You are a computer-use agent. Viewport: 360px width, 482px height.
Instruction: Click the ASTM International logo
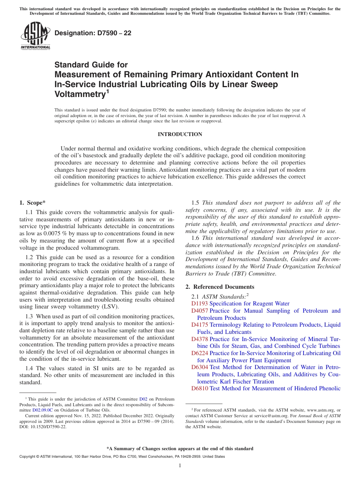(35, 36)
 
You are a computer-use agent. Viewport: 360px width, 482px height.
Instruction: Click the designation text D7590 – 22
(93, 33)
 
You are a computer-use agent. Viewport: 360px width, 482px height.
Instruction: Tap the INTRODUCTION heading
(180, 135)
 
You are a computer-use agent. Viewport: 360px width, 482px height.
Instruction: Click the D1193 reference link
(200, 304)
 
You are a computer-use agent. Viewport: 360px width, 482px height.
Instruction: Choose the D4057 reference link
(200, 311)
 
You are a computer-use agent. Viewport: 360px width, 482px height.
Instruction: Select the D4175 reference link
(200, 325)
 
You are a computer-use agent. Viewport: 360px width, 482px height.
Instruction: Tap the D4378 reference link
(200, 339)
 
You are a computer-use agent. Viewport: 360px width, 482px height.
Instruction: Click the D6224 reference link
(200, 353)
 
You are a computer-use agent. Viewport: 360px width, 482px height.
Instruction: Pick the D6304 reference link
(200, 367)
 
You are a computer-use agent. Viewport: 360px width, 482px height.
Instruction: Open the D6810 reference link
(200, 388)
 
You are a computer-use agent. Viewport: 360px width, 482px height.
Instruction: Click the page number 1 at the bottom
(180, 465)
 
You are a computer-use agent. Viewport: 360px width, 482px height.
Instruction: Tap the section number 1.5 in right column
(196, 203)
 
